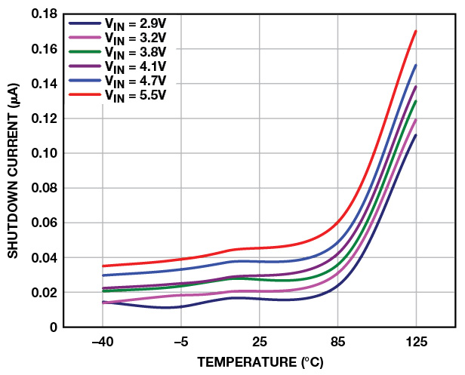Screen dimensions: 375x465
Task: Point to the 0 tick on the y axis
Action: click(54, 327)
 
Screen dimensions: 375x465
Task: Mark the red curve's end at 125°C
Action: click(416, 31)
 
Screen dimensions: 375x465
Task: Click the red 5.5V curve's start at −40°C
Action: click(103, 266)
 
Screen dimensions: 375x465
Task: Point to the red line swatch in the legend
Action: click(82, 94)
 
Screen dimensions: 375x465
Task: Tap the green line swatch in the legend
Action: click(82, 52)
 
